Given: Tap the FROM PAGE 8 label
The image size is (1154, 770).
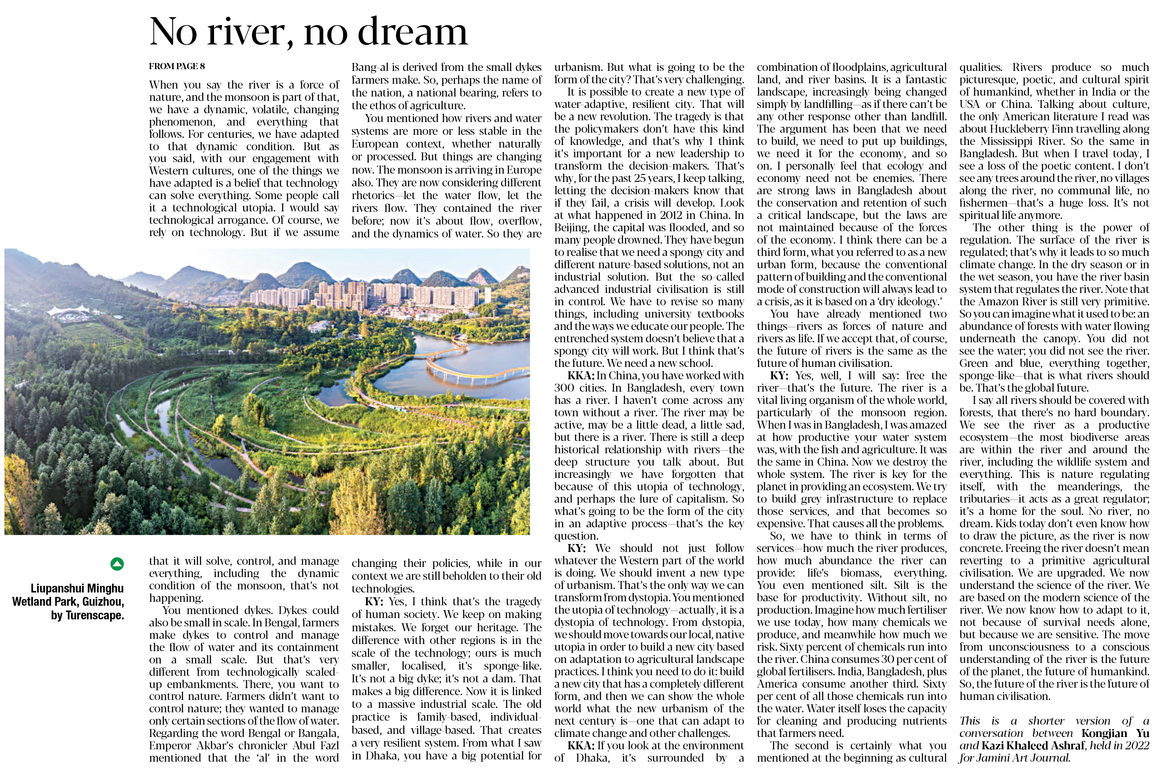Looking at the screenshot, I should pyautogui.click(x=177, y=66).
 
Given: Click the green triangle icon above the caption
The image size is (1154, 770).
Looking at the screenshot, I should pyautogui.click(x=117, y=564).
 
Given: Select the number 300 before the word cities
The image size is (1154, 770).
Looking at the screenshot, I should pyautogui.click(x=565, y=388).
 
